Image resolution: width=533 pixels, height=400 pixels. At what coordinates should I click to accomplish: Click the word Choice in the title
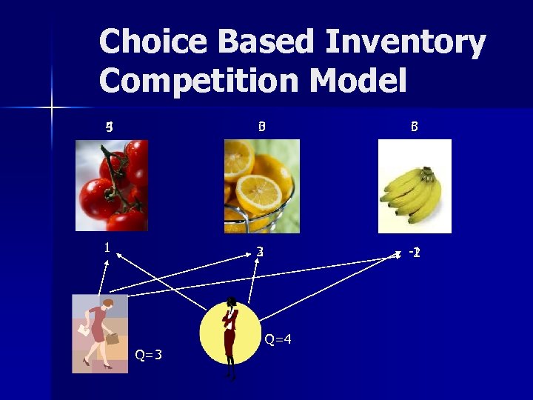point(143,43)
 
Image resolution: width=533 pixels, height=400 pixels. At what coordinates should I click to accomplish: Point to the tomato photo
point(112,185)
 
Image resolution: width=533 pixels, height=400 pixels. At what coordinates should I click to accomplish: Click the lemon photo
point(262,186)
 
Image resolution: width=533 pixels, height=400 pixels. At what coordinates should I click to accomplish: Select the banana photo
point(415,186)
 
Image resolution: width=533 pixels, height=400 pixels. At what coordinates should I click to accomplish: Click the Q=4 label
point(278,339)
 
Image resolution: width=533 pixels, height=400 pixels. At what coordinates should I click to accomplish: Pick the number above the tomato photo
point(109,127)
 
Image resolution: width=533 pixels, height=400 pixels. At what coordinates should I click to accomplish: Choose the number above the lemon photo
point(261,127)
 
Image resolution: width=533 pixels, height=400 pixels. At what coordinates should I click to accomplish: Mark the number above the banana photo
point(415,127)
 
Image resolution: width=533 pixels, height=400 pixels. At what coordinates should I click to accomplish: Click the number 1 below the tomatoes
point(107,247)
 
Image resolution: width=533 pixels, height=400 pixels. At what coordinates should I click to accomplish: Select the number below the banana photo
point(415,252)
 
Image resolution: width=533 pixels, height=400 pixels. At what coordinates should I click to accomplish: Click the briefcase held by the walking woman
point(113,339)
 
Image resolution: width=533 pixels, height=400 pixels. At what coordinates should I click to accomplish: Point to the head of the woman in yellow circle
point(232,302)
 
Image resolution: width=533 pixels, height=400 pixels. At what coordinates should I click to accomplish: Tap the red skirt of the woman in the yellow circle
point(229,341)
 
